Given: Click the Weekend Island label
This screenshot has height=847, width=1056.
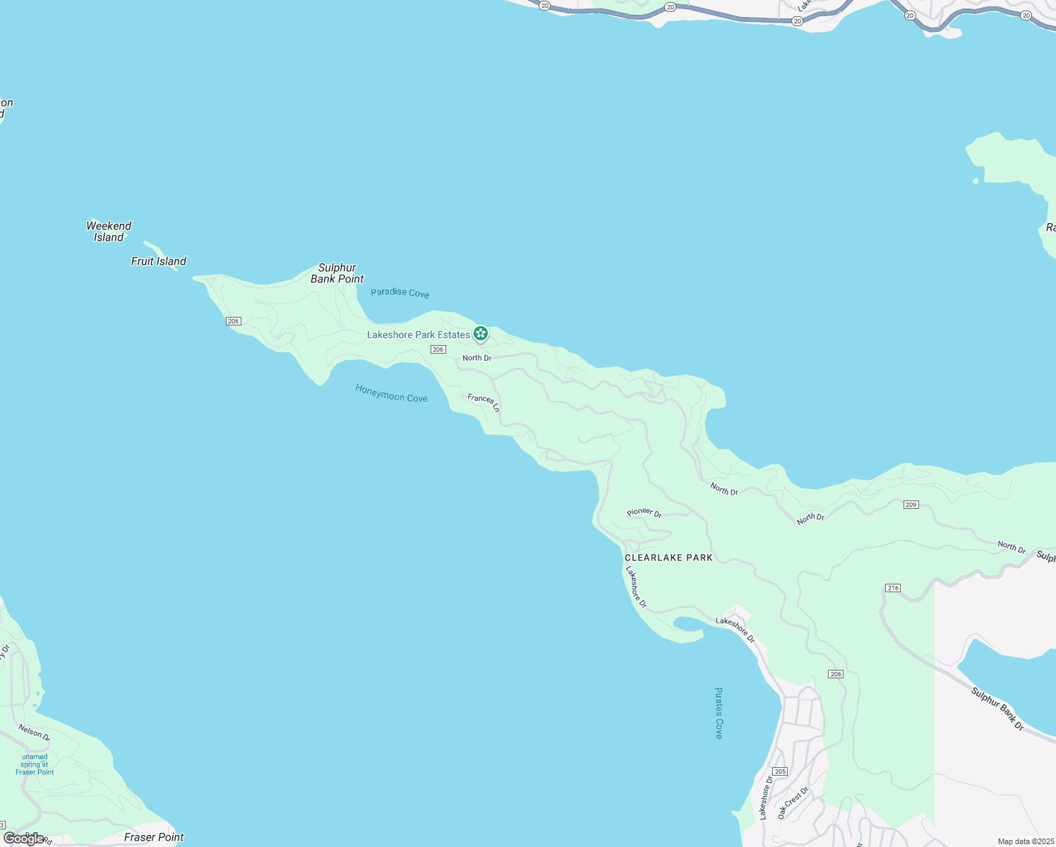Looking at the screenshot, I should click(109, 232).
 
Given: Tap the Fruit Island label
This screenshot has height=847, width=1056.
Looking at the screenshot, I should click(159, 261).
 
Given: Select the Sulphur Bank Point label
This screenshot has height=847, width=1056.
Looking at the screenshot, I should click(337, 273).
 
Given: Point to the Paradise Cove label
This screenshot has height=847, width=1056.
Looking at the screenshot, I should click(400, 292).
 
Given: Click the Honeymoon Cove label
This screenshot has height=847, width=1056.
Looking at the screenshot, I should click(391, 393).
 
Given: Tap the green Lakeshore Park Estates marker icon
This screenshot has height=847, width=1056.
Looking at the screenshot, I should click(481, 333).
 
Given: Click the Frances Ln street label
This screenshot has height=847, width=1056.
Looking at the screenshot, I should click(484, 402).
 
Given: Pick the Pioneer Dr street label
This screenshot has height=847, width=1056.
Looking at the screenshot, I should click(644, 512).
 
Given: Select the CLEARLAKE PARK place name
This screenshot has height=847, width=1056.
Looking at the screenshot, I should click(668, 558).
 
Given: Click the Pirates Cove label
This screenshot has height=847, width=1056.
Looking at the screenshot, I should click(719, 713).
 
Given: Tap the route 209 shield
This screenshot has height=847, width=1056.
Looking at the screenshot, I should click(911, 505).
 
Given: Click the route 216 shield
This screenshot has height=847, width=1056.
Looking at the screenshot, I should click(893, 588).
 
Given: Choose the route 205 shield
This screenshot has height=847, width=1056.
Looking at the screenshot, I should click(780, 771).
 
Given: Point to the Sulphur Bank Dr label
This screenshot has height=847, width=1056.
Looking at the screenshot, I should click(997, 709).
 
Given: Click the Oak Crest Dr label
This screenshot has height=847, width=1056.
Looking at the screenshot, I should click(793, 803).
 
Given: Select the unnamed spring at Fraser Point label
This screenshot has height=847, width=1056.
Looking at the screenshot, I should click(35, 764).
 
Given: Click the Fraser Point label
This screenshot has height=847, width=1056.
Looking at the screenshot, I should click(154, 837).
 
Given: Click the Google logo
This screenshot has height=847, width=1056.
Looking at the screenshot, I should click(23, 839).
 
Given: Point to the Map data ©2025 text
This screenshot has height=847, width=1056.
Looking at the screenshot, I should click(1026, 841).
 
